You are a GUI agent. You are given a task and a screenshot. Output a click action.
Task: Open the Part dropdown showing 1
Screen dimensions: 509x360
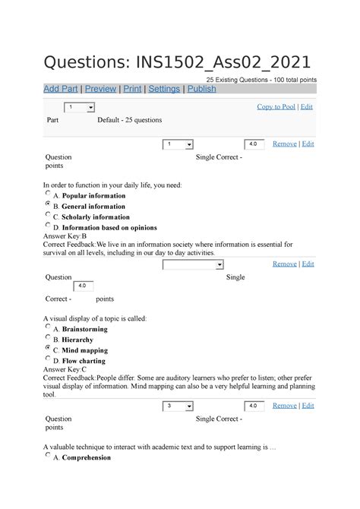coord(79,108)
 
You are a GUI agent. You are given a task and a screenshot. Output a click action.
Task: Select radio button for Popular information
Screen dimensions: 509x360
coord(48,194)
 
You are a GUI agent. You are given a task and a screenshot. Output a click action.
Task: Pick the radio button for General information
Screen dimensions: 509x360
coord(48,205)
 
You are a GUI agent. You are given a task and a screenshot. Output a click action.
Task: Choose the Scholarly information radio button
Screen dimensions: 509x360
coord(48,216)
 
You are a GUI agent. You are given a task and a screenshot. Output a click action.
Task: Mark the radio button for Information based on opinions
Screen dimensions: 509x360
coord(48,226)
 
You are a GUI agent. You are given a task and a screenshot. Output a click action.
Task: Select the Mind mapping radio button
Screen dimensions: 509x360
coord(48,349)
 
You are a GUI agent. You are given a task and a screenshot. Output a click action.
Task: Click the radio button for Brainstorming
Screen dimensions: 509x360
coord(48,327)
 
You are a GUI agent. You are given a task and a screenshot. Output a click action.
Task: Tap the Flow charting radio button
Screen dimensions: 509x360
coord(48,359)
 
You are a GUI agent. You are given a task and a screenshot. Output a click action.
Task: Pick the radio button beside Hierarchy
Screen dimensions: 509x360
coord(48,338)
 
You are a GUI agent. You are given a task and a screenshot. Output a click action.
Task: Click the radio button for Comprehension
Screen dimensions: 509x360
coord(48,457)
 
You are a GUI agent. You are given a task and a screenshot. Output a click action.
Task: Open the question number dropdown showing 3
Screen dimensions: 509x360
coord(178,406)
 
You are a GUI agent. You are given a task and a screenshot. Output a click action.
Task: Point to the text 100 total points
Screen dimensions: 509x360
coord(289,79)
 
